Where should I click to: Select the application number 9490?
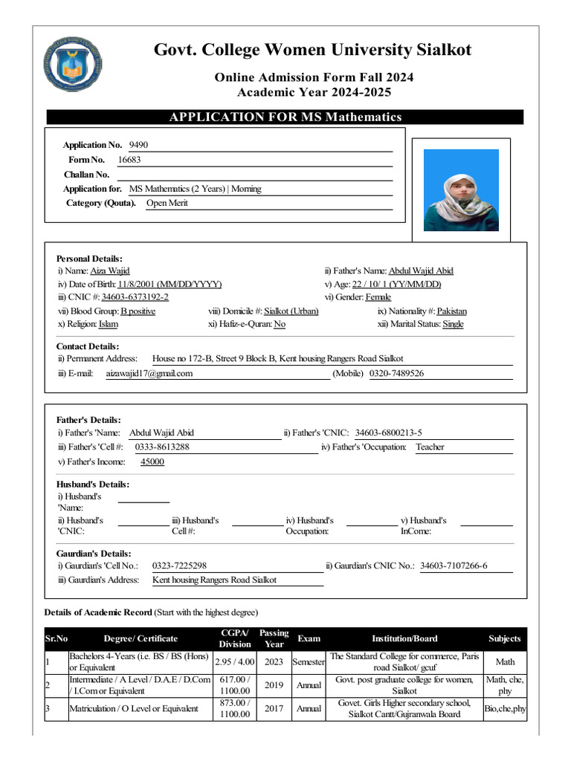tap(138, 145)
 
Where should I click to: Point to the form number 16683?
tap(129, 160)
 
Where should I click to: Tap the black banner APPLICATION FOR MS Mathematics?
tap(285, 117)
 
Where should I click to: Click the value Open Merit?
tap(167, 203)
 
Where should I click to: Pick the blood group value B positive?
tap(138, 311)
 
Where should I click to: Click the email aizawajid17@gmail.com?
tap(149, 373)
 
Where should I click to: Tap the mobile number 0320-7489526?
tap(396, 373)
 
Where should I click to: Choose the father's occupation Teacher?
tap(430, 447)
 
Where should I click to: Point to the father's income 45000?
tap(152, 462)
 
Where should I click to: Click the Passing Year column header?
tap(274, 638)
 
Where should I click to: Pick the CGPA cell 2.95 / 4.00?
tap(234, 661)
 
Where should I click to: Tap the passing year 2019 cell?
tap(274, 685)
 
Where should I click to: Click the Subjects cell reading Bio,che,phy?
tap(505, 709)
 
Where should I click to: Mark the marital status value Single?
tap(453, 325)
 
